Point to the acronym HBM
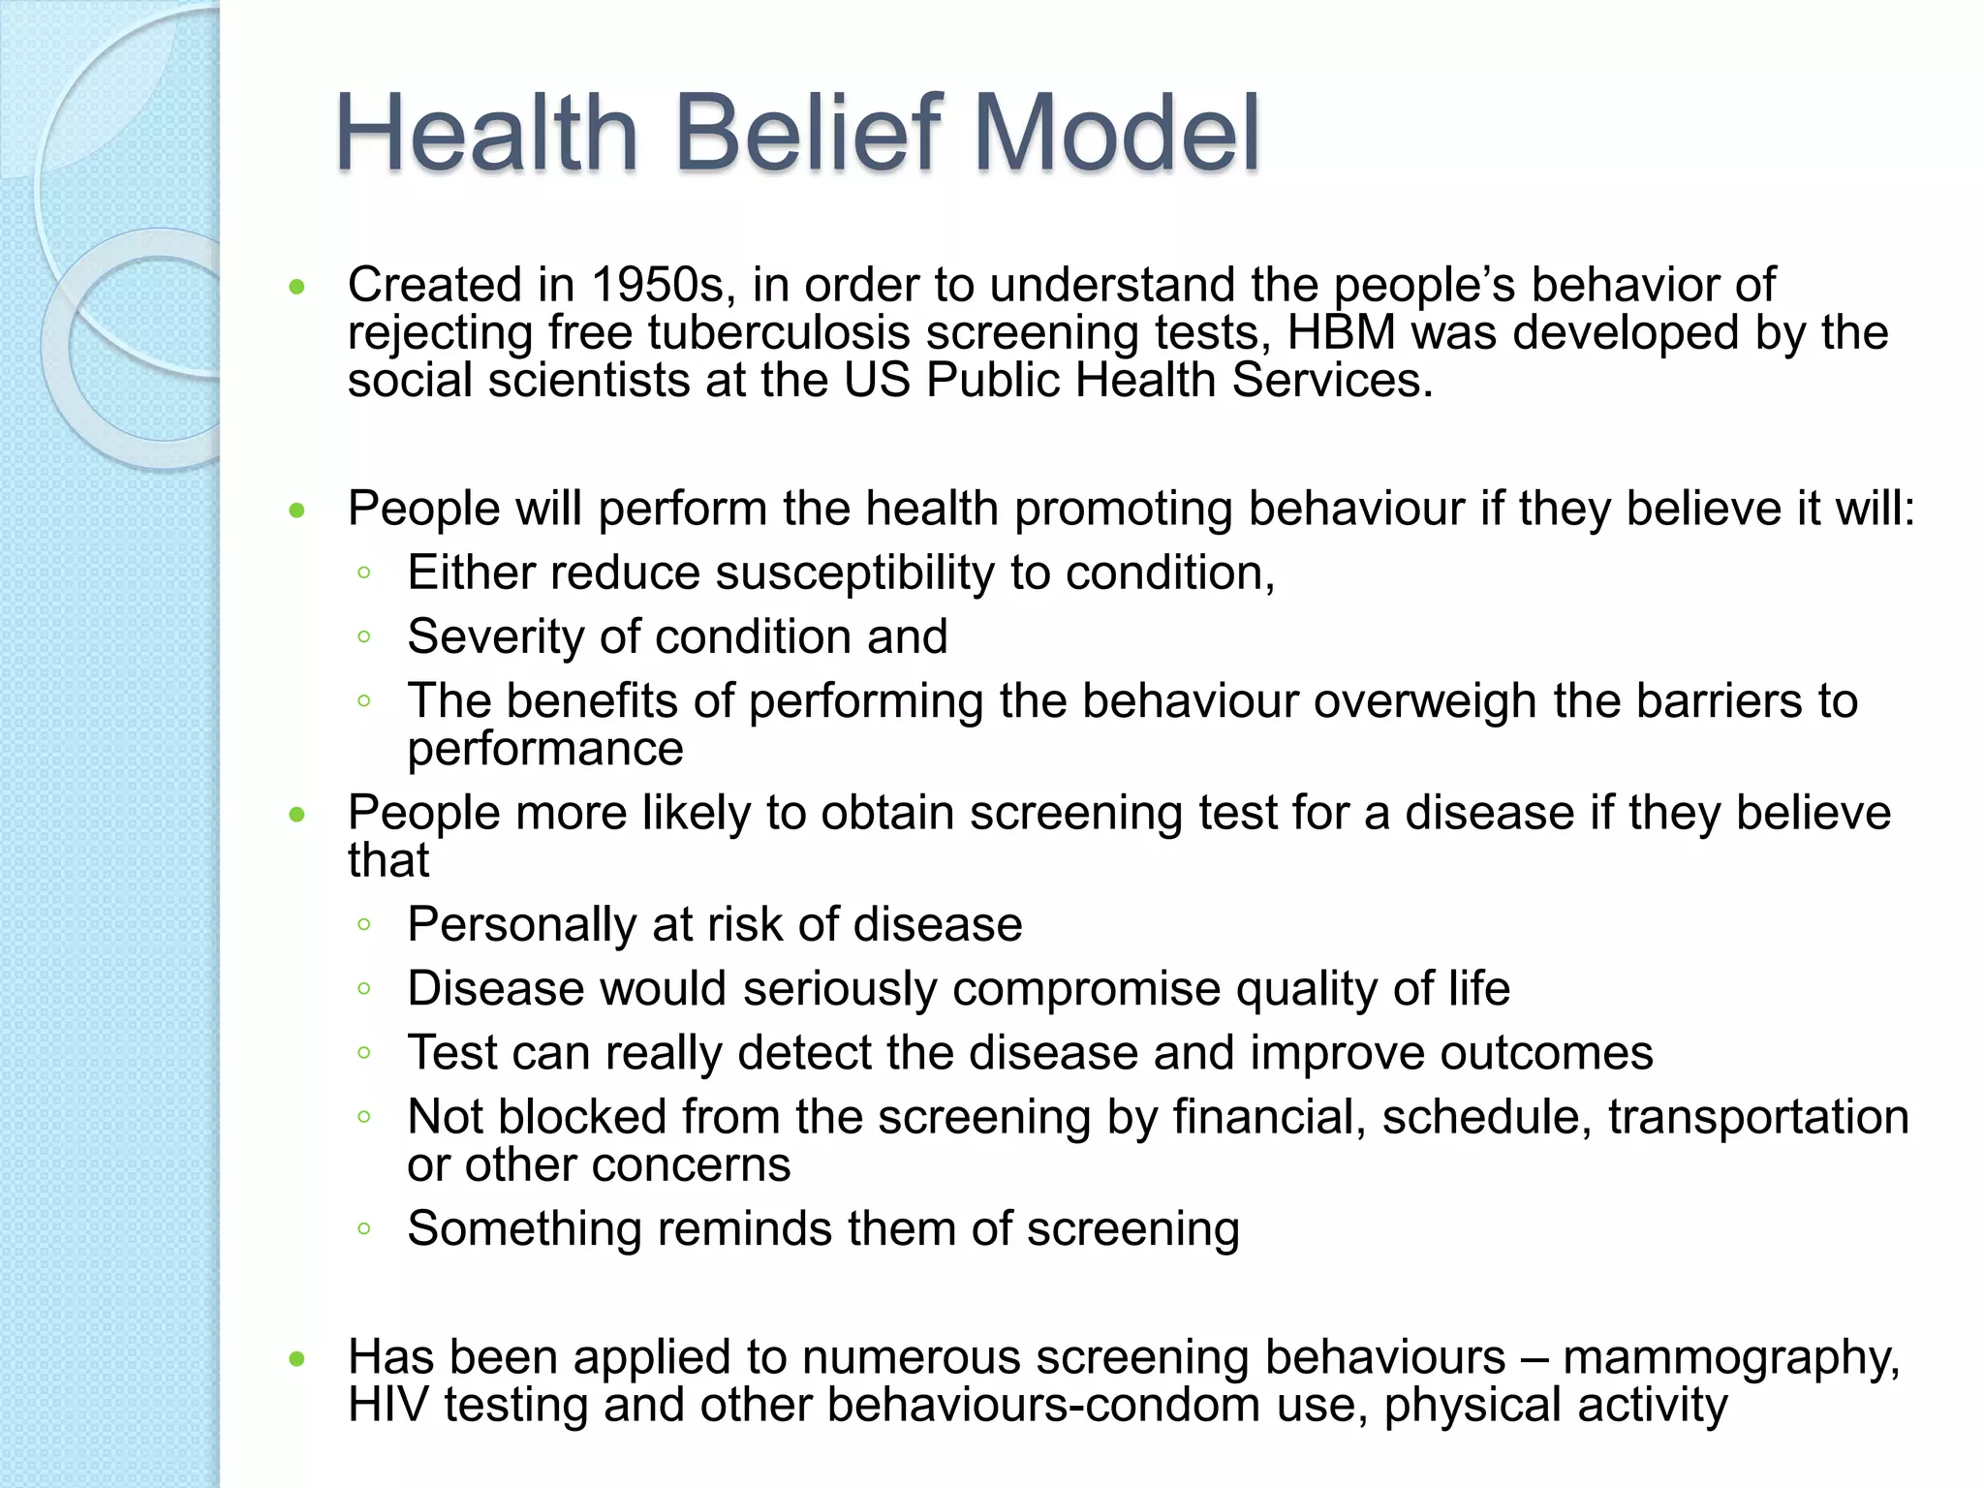[1341, 332]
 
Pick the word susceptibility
[854, 573]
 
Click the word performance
[545, 749]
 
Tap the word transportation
[1757, 1117]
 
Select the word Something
[524, 1228]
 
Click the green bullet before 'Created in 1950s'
[297, 287]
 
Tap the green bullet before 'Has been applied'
[297, 1359]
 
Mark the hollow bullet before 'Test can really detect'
[364, 1053]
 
